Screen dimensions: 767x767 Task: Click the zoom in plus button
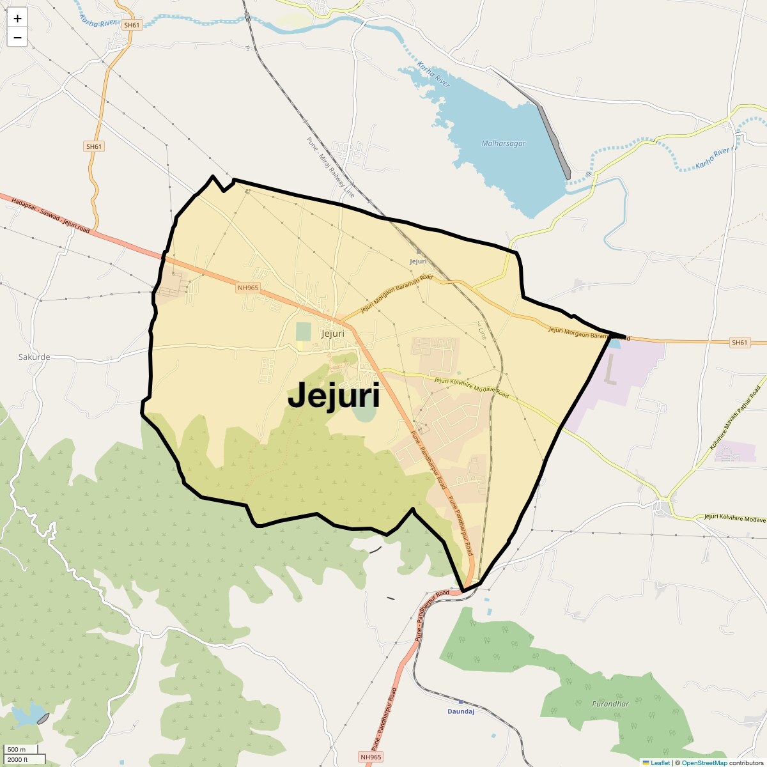pyautogui.click(x=17, y=19)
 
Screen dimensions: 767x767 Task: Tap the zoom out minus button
pyautogui.click(x=17, y=38)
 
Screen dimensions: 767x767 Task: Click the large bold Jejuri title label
pyautogui.click(x=334, y=396)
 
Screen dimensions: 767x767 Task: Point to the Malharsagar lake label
pyautogui.click(x=503, y=144)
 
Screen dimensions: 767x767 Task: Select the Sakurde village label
pyautogui.click(x=34, y=357)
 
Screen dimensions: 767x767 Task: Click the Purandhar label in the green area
pyautogui.click(x=610, y=704)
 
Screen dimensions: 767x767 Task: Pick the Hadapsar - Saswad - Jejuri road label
pyautogui.click(x=50, y=214)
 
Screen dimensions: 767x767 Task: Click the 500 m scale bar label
pyautogui.click(x=17, y=750)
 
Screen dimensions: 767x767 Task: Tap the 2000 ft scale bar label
pyautogui.click(x=18, y=759)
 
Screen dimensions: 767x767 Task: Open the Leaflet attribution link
pyautogui.click(x=660, y=763)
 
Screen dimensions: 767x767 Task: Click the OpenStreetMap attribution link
pyautogui.click(x=704, y=763)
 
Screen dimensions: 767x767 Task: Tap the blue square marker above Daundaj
pyautogui.click(x=460, y=702)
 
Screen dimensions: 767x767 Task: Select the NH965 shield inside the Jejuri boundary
pyautogui.click(x=248, y=288)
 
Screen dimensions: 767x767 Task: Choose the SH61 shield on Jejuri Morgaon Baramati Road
pyautogui.click(x=739, y=343)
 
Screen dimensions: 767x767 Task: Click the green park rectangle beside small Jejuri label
pyautogui.click(x=303, y=332)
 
